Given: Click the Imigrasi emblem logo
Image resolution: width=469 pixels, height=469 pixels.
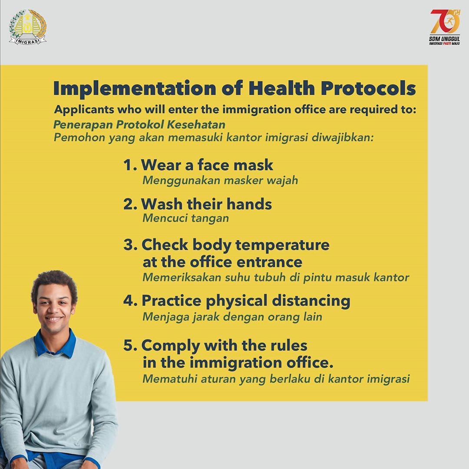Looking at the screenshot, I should coord(28,27).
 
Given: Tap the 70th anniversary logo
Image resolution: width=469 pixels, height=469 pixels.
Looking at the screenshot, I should coord(444,27).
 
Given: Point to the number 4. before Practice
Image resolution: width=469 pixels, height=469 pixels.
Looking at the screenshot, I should coord(130,301).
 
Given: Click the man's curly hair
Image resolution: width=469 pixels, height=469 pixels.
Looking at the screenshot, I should coord(54,282).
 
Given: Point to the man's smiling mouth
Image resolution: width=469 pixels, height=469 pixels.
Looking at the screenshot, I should coord(53,319).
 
